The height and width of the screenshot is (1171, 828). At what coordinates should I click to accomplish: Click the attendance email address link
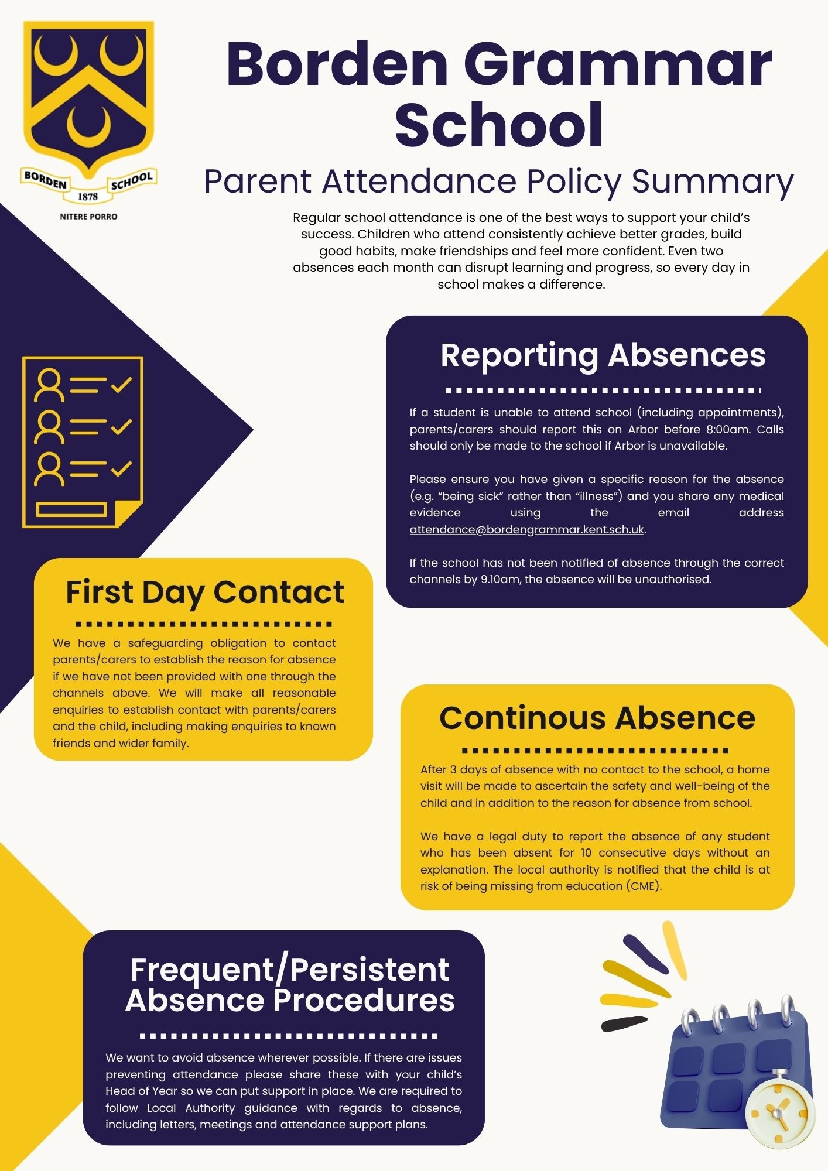526,530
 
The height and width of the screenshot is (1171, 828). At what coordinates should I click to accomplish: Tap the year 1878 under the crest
88,197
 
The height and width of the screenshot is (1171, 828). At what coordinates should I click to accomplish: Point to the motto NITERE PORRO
88,217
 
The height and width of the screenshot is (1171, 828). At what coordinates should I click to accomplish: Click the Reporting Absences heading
603,355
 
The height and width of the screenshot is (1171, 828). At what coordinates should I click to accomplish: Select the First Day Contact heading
204,592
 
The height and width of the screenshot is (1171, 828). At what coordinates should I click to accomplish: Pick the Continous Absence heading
597,718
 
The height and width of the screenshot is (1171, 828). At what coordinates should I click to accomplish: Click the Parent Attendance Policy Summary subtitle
498,182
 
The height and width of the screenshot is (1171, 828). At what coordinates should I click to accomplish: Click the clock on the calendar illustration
779,1110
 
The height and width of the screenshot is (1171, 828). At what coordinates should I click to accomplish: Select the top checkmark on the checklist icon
121,385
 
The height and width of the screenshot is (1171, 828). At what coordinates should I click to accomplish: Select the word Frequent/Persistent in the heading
289,970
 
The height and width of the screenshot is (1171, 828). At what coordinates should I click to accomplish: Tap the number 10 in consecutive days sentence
586,853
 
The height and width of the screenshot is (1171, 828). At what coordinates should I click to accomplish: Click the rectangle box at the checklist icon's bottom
71,509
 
